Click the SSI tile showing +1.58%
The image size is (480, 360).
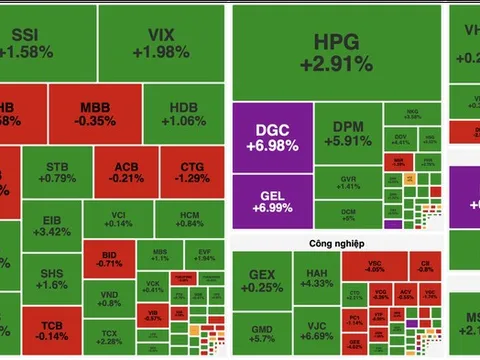click(40, 42)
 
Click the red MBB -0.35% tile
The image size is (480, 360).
click(95, 112)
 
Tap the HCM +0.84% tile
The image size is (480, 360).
click(190, 220)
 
